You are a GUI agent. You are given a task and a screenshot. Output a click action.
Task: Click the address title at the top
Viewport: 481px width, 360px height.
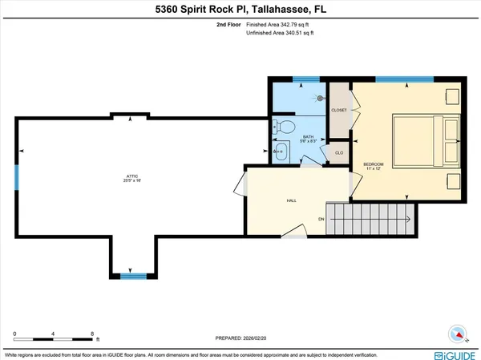(x=240, y=9)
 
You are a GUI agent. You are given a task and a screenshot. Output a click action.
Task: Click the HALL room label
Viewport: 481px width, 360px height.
(x=292, y=200)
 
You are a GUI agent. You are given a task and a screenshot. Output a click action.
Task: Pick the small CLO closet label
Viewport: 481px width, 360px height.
(x=339, y=152)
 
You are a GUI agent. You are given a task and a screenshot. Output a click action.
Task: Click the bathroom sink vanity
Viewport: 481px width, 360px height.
(x=281, y=151)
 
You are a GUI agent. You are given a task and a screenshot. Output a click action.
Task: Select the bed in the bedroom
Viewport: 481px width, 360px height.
(x=426, y=140)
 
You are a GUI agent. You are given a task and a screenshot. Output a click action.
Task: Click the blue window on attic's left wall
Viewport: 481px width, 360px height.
(x=15, y=177)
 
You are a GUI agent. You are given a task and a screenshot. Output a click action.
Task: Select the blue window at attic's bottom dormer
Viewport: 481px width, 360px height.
(x=131, y=276)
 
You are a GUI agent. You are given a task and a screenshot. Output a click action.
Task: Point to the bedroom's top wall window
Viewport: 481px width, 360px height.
(x=394, y=79)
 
